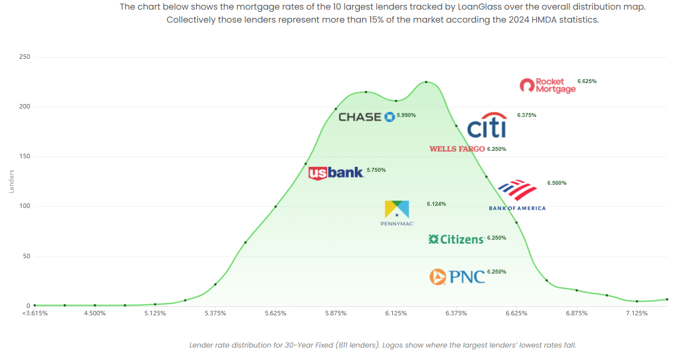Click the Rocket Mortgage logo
point(547,85)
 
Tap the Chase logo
point(366,116)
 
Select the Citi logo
point(487,125)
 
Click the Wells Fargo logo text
point(457,149)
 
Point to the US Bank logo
point(336,172)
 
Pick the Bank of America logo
point(517,195)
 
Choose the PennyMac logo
point(398,213)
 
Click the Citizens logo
point(456,240)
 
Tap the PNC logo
point(457,276)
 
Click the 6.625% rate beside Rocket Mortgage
point(587,81)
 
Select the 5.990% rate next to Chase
point(406,115)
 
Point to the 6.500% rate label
point(556,183)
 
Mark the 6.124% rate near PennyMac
point(436,204)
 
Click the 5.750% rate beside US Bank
point(376,170)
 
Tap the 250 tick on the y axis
point(24,57)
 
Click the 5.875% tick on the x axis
point(336,313)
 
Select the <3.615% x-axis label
point(35,313)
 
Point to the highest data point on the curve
point(426,82)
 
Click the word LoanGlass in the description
point(445,8)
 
